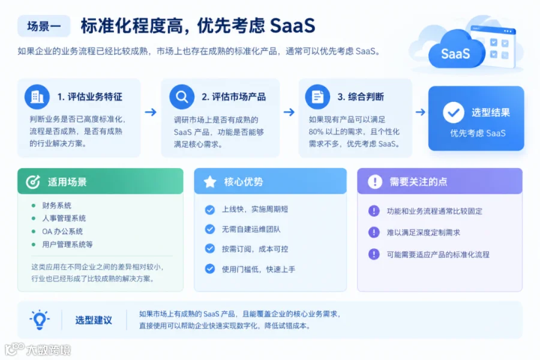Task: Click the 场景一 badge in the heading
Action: (x=44, y=26)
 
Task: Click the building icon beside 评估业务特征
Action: (x=37, y=97)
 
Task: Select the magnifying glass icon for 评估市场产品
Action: (x=182, y=97)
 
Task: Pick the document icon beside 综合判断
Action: (x=317, y=97)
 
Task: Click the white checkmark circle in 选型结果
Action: (x=454, y=112)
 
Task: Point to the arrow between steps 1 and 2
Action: (x=151, y=112)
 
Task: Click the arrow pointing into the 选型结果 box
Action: (x=420, y=112)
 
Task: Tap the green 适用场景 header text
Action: (x=67, y=182)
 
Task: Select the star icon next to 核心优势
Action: (x=210, y=182)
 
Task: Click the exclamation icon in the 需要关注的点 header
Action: (x=375, y=182)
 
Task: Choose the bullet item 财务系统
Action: (x=57, y=206)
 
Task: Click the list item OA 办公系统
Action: (x=62, y=232)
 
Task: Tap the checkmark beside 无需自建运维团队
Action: (x=210, y=229)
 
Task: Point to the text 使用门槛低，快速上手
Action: (x=258, y=269)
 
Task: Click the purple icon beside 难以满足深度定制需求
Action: (x=374, y=233)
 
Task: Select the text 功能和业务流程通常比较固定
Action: (x=434, y=211)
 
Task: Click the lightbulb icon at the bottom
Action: (x=39, y=320)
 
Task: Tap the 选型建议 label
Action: (x=94, y=320)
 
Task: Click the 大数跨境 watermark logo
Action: (x=38, y=350)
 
